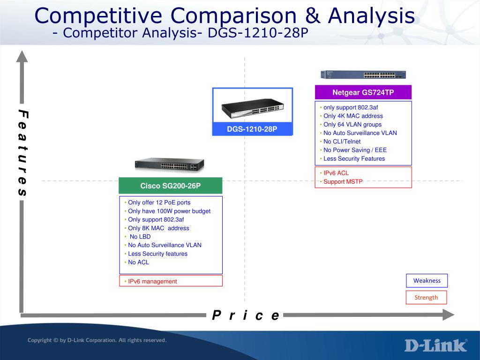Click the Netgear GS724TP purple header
tap(363, 92)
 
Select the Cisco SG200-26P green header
tap(171, 186)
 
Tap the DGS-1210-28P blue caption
tap(252, 129)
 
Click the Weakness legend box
tap(427, 280)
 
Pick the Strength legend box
tap(426, 297)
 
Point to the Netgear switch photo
tap(363, 75)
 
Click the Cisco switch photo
tap(169, 165)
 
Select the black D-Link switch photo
tap(253, 108)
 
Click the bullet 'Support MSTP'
tap(341, 181)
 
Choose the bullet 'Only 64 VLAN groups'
tap(351, 125)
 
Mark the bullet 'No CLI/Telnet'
tap(340, 142)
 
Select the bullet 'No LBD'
tap(138, 237)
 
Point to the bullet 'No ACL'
tap(137, 262)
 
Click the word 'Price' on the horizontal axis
tap(246, 315)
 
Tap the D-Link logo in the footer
tap(436, 345)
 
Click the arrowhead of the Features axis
tap(22, 56)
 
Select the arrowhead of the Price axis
tap(449, 315)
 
